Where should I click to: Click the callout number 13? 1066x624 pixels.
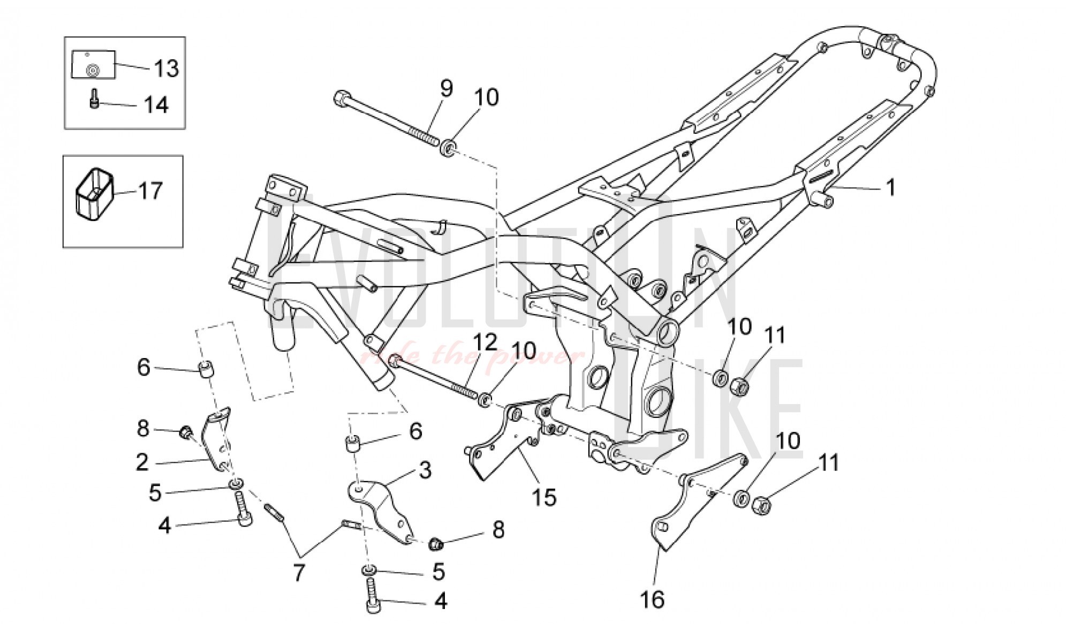(x=167, y=69)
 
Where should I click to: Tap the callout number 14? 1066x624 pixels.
(x=156, y=104)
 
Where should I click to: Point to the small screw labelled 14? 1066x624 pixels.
(x=94, y=98)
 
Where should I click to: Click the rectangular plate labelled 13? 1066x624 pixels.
(x=94, y=65)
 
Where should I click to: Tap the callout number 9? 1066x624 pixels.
(x=446, y=88)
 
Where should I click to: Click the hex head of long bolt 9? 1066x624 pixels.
(x=341, y=99)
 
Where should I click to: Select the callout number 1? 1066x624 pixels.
(x=891, y=188)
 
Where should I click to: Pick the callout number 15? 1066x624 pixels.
(x=544, y=497)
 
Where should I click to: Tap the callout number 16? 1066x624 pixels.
(x=653, y=599)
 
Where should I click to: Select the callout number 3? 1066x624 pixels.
(x=425, y=470)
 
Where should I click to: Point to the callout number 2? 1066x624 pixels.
(x=142, y=462)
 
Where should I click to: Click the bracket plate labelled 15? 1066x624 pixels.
(x=495, y=450)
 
